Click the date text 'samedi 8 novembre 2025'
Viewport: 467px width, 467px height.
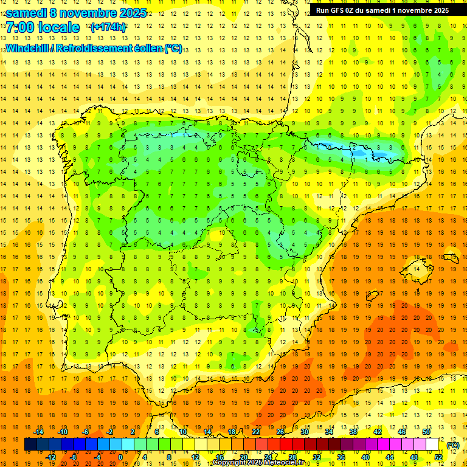76,13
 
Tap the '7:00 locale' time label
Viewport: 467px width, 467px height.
43,27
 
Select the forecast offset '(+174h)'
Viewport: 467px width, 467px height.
108,27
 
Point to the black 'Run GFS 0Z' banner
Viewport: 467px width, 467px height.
382,10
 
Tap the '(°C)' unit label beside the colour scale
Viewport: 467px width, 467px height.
453,445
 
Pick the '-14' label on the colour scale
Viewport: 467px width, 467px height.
38,432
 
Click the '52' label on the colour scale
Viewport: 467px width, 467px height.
438,457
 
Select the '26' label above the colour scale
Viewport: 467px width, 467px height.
280,432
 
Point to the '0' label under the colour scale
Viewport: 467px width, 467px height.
120,457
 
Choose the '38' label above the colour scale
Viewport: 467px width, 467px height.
353,432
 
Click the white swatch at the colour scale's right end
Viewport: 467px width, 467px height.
432,445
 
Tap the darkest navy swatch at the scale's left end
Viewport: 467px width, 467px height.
30,445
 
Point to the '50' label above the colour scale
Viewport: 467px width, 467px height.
426,432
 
